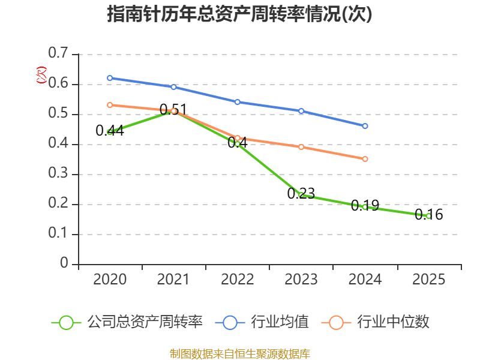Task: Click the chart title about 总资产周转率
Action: click(x=239, y=14)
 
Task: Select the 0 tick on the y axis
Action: click(x=65, y=264)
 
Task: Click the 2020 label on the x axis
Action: click(x=110, y=279)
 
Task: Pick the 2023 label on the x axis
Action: click(x=301, y=279)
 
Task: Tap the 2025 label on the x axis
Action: click(x=429, y=279)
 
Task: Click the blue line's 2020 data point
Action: click(x=110, y=78)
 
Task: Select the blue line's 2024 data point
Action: click(x=365, y=126)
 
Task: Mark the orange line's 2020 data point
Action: click(x=110, y=105)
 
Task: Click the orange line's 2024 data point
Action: click(x=365, y=159)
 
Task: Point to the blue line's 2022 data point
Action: click(x=238, y=102)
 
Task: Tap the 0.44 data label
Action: click(x=110, y=130)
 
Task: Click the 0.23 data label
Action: click(x=301, y=193)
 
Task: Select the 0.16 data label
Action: click(x=429, y=214)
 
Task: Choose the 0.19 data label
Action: click(x=365, y=205)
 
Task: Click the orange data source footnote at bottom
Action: click(x=239, y=353)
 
